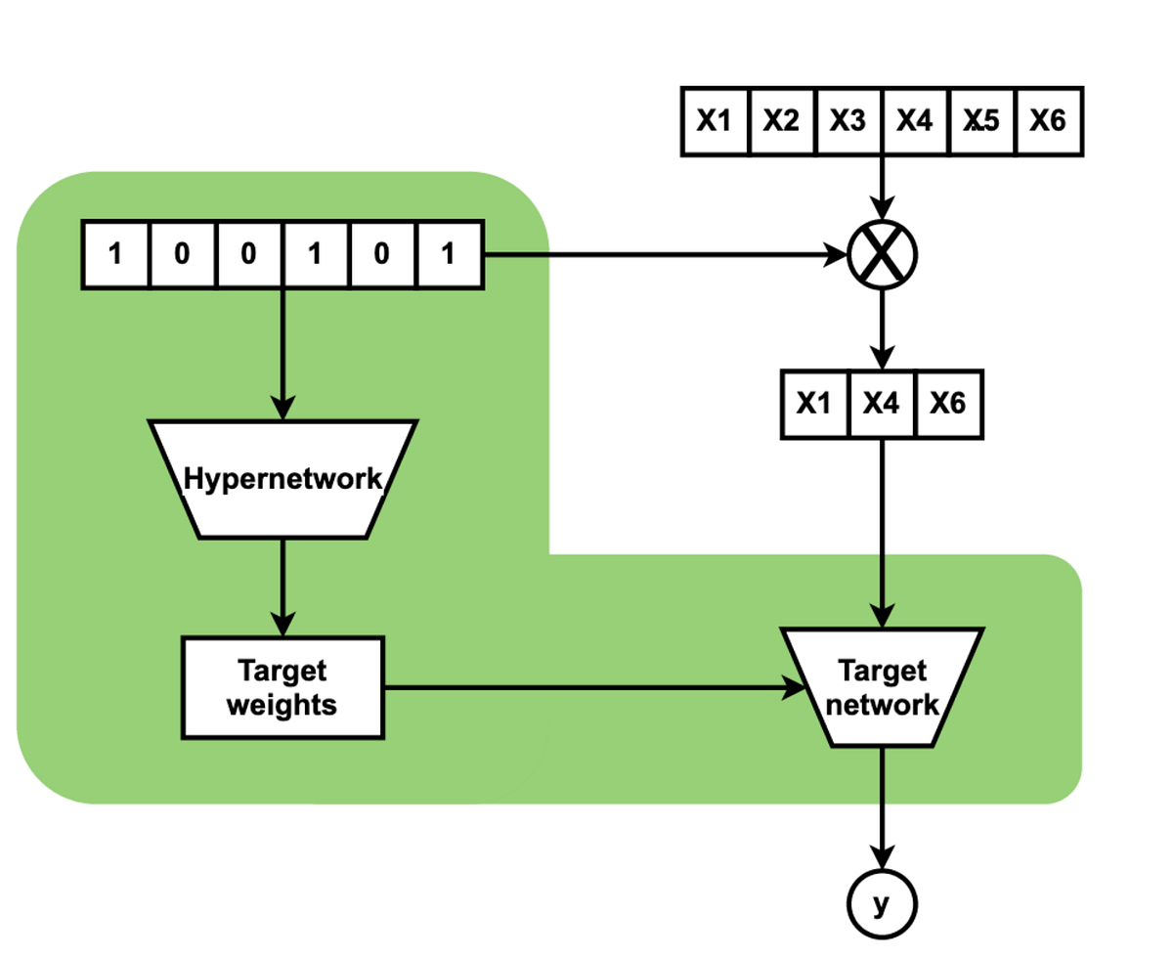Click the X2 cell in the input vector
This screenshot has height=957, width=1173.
(x=781, y=120)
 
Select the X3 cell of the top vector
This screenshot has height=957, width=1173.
(x=847, y=120)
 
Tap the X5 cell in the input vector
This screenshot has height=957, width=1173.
(x=981, y=120)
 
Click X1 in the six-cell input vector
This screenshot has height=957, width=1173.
(x=715, y=120)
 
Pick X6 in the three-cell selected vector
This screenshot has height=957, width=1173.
(x=948, y=403)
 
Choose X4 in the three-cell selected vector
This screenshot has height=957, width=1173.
(x=882, y=403)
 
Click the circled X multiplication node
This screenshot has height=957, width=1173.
(x=882, y=255)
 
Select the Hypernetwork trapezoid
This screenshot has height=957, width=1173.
(x=282, y=479)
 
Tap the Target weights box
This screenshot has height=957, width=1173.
(x=282, y=688)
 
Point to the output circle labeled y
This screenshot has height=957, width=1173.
(x=882, y=905)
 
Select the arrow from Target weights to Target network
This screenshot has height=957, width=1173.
(x=586, y=688)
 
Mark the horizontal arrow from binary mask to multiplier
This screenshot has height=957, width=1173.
(x=665, y=255)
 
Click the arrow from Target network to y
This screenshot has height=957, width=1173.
(x=882, y=806)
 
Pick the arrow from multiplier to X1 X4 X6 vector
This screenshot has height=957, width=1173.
(x=882, y=328)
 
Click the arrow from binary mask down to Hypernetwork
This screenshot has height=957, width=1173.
(x=282, y=352)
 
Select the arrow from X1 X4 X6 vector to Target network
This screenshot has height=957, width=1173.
(x=882, y=528)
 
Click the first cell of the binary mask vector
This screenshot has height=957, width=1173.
(x=115, y=255)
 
